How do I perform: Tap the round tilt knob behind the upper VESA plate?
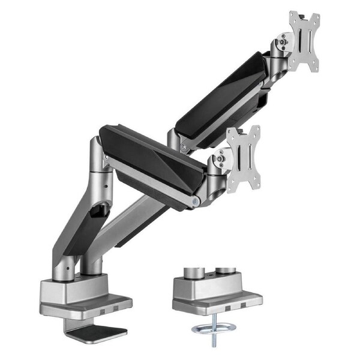click(x=281, y=43)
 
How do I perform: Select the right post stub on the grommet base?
click(x=226, y=272)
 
